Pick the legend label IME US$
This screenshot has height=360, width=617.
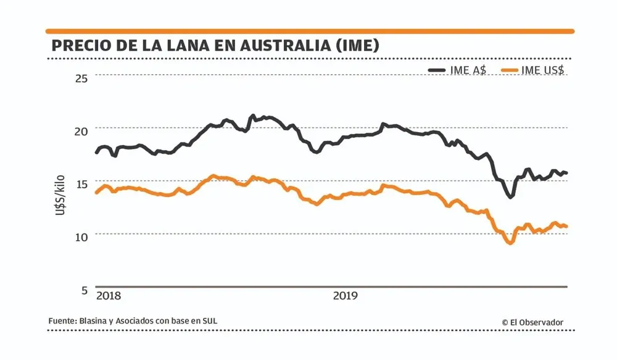coord(543,70)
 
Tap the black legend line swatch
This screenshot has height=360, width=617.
coord(437,70)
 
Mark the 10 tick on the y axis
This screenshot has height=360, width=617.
coord(81,237)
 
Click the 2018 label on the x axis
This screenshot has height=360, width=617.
coord(109,296)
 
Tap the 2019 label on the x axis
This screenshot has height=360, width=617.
coord(346,296)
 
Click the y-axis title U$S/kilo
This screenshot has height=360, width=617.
coord(60,194)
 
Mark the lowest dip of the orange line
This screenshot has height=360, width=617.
coord(510,243)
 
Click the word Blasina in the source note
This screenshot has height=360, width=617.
coord(92,321)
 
